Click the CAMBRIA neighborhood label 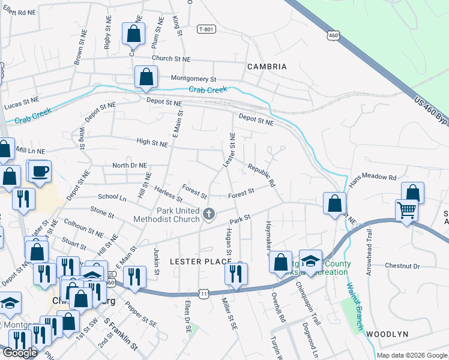(x=267, y=67)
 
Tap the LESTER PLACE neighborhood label (x=200, y=262)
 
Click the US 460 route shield (x=333, y=35)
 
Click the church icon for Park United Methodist (x=209, y=214)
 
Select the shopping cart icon (x=407, y=211)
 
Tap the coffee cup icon (x=40, y=172)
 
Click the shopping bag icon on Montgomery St (x=146, y=77)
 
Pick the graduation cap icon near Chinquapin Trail (x=310, y=261)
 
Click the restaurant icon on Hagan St (x=235, y=273)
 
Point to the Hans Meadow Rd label (x=373, y=178)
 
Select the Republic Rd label (x=261, y=173)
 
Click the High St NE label (x=152, y=143)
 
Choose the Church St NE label (x=170, y=59)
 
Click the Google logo (x=20, y=353)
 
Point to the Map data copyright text (x=412, y=355)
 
